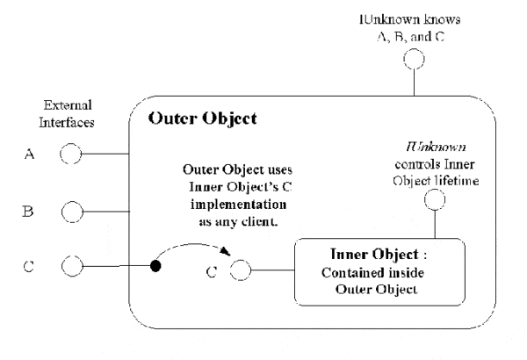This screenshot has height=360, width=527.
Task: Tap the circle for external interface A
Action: tap(70, 156)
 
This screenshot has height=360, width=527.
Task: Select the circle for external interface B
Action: tap(70, 211)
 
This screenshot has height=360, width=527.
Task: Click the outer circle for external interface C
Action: tap(70, 264)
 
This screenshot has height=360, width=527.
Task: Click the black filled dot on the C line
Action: tap(155, 264)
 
